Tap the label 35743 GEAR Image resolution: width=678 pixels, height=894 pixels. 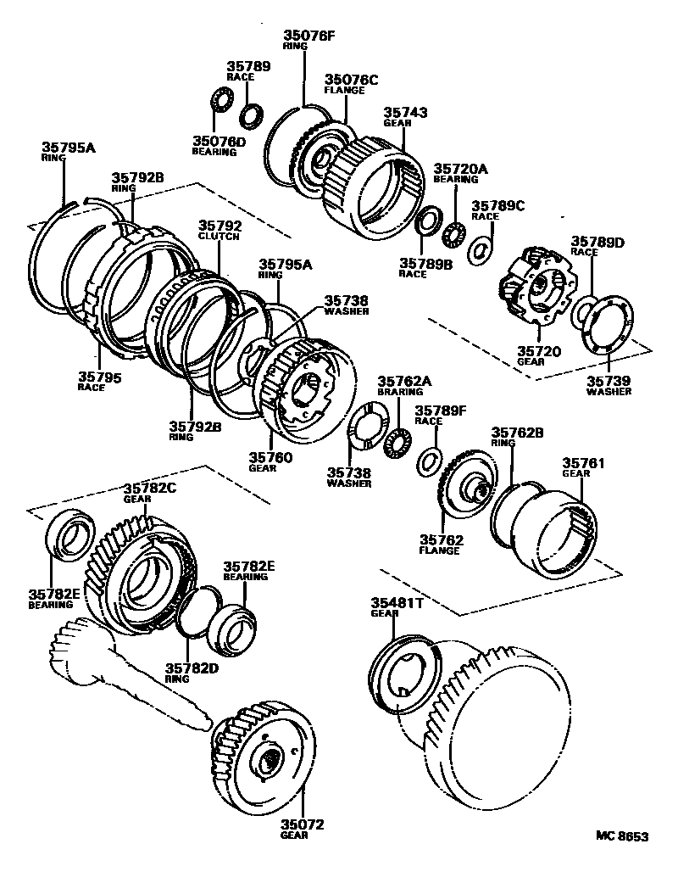[x=405, y=116]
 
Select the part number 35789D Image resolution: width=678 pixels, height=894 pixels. [x=597, y=242]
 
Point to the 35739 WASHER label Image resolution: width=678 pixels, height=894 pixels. [x=609, y=386]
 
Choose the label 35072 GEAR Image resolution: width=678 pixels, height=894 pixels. [x=303, y=829]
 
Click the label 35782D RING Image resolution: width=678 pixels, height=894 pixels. [x=187, y=672]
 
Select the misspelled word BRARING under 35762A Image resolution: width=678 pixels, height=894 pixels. [x=399, y=392]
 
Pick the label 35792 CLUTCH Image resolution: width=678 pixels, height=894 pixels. [x=220, y=231]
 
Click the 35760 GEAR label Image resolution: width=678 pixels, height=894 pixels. [x=270, y=462]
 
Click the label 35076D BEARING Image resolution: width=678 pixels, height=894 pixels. [x=218, y=146]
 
